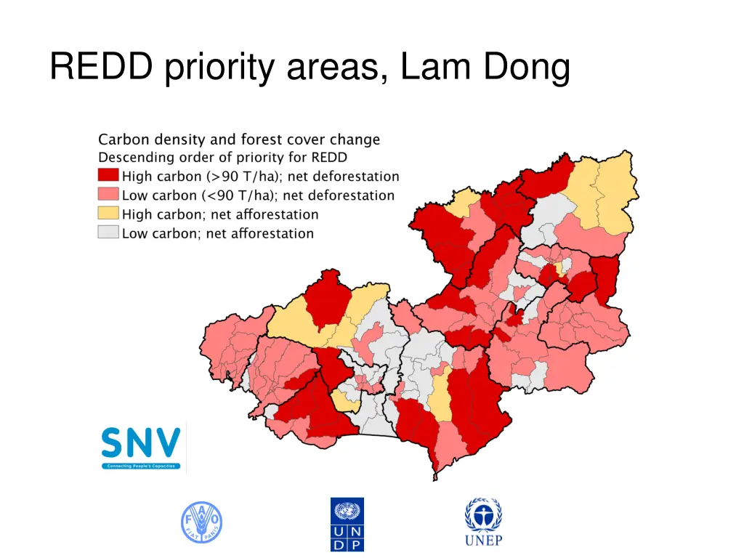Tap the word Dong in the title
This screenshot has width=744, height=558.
522,69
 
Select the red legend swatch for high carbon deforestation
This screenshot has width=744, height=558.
108,176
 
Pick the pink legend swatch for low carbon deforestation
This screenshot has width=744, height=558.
108,195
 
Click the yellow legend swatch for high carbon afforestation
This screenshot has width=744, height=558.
108,214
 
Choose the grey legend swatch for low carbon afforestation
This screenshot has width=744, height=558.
108,232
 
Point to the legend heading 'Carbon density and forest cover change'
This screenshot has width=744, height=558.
239,139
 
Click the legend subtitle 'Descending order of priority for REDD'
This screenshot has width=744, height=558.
222,157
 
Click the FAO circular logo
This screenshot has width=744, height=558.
201,523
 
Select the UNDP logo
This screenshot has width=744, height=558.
347,524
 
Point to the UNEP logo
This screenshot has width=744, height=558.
483,522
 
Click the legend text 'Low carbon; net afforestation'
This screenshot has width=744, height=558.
218,233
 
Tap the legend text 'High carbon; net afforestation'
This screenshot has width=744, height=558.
220,214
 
